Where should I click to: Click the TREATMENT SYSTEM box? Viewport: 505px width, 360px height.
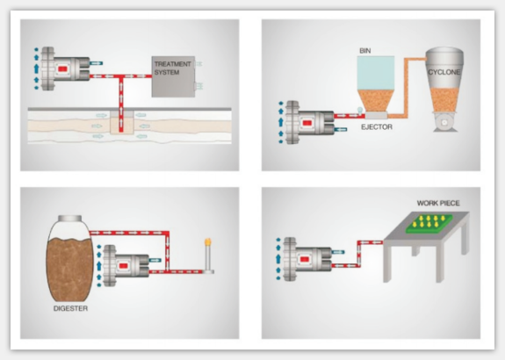(173, 76)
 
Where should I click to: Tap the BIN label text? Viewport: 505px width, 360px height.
(364, 51)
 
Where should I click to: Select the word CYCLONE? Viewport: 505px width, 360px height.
(444, 72)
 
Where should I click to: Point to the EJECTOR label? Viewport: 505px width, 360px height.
(377, 126)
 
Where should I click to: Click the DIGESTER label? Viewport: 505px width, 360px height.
(70, 308)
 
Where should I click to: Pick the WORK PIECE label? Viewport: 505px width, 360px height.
(438, 203)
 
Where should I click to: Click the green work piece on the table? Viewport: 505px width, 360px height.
(429, 222)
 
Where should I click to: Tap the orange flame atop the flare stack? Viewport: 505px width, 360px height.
(208, 241)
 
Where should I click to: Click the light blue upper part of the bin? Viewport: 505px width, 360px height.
(376, 73)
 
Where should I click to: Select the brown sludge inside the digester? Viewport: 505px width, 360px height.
(70, 268)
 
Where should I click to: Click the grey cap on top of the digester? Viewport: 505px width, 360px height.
(69, 219)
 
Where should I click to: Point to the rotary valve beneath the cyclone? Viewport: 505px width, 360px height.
(444, 122)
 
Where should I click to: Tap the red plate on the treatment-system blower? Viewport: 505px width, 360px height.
(62, 68)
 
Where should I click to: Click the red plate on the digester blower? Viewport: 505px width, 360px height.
(123, 266)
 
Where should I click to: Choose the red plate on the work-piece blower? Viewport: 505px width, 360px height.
(305, 260)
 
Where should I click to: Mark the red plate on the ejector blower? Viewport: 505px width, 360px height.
(307, 123)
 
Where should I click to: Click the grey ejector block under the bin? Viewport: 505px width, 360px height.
(376, 115)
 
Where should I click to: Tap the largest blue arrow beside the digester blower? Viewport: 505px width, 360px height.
(99, 265)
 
